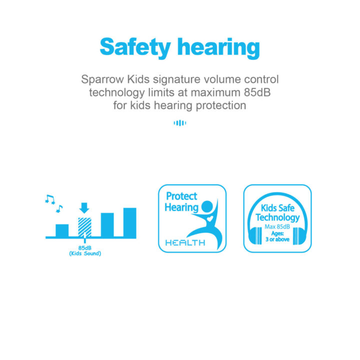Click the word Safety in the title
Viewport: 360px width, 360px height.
click(135, 47)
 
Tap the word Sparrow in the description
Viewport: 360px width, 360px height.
click(102, 79)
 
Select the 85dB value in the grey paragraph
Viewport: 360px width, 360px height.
click(257, 92)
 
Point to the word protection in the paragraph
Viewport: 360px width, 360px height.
click(221, 105)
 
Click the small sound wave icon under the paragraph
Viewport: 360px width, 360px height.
click(180, 123)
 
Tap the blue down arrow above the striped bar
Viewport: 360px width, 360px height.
click(84, 208)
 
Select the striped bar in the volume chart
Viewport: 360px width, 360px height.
click(84, 227)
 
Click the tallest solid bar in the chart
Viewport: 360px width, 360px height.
click(129, 222)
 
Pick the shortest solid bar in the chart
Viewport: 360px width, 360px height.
click(62, 230)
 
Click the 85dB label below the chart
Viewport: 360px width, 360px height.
click(85, 248)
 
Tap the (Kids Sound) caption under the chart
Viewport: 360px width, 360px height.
click(85, 253)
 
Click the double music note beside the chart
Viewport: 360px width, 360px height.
click(50, 199)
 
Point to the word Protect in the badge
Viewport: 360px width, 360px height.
click(181, 196)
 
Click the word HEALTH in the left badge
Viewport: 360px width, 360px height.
click(185, 242)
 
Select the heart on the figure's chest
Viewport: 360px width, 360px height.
click(210, 218)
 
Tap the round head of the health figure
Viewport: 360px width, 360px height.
click(207, 206)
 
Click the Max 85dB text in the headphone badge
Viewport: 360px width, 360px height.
click(277, 226)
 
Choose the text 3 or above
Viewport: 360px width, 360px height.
click(277, 239)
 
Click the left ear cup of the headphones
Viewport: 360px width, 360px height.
click(255, 236)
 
